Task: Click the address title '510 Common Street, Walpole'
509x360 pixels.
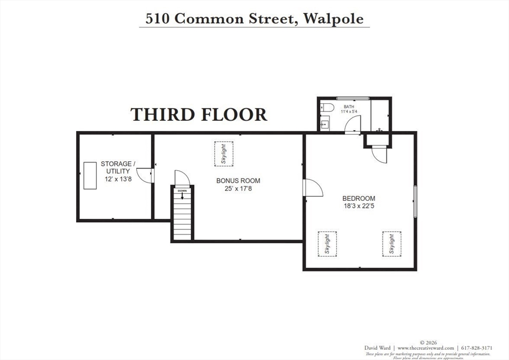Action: (x=254, y=18)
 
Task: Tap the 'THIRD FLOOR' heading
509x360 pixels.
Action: (x=199, y=114)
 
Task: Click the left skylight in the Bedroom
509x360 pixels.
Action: (x=328, y=244)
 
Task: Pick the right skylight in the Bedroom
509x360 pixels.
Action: (x=392, y=244)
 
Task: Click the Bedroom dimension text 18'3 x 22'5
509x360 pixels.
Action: (x=358, y=206)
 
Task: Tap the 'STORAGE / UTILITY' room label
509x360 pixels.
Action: (x=116, y=167)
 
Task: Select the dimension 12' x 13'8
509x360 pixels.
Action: (x=118, y=179)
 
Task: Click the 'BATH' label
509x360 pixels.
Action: (x=349, y=106)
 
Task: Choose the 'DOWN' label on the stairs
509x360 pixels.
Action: (x=182, y=191)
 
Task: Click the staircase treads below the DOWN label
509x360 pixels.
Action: (x=182, y=219)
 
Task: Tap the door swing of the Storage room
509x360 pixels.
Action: (x=145, y=176)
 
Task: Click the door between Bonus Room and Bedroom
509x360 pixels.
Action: (x=313, y=188)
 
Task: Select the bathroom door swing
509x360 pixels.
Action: (x=352, y=124)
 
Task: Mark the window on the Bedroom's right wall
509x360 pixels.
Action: (x=415, y=201)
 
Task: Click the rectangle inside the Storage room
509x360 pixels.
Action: (x=90, y=175)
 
